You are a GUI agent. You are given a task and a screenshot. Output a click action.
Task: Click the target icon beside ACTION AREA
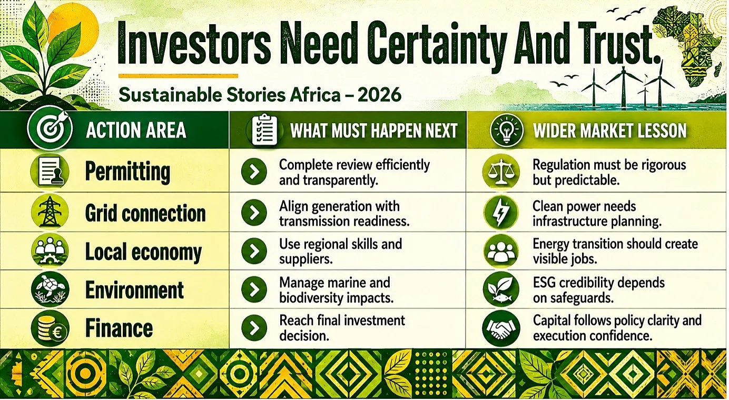point(51,129)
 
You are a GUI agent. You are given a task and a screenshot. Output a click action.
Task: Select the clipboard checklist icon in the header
point(264,129)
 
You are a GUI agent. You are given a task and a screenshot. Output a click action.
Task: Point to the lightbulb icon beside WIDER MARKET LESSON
point(506,129)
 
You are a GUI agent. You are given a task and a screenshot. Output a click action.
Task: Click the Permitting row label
point(127,172)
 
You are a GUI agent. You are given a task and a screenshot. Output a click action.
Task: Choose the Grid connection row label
point(145,213)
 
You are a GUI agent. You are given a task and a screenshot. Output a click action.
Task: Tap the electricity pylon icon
point(50,212)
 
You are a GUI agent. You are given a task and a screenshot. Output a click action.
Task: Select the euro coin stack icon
point(50,328)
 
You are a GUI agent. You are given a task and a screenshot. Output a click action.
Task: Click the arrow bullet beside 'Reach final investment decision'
point(254,328)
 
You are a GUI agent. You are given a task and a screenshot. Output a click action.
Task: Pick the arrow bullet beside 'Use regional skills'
point(254,251)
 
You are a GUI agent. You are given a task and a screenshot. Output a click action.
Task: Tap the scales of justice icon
point(501,172)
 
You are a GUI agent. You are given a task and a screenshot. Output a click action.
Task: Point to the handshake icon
point(501,328)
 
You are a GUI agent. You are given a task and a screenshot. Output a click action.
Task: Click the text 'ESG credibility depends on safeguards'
point(599,290)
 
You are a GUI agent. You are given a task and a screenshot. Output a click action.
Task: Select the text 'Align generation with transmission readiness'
point(344,214)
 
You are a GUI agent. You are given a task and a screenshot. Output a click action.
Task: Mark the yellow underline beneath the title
point(178,76)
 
